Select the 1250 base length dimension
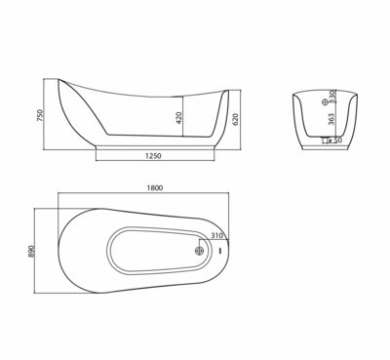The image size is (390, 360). (x=151, y=158)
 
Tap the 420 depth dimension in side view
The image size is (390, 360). (x=178, y=118)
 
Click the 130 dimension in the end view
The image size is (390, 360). (x=331, y=98)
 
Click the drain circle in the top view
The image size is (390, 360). (x=200, y=250)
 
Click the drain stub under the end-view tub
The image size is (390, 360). (x=323, y=143)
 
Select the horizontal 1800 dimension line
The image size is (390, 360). (x=149, y=202)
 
